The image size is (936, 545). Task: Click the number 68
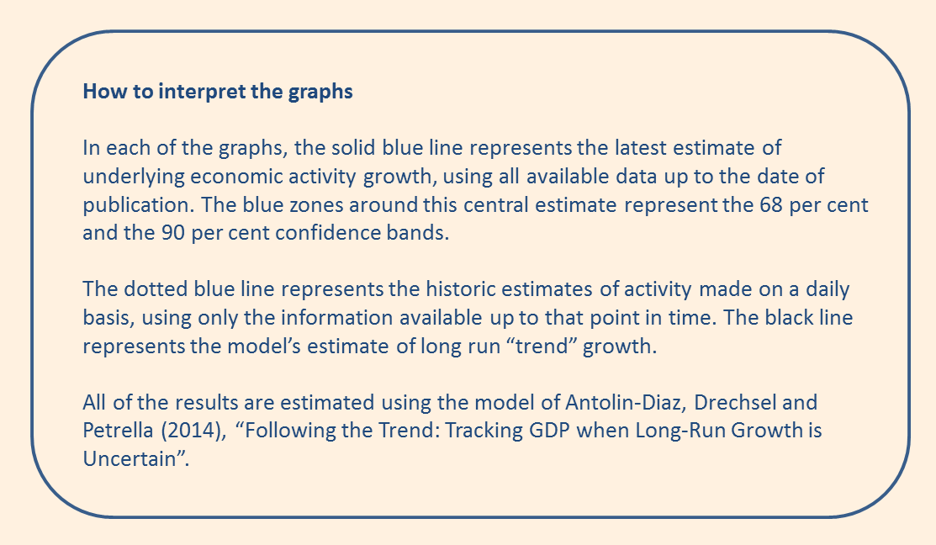pyautogui.click(x=771, y=204)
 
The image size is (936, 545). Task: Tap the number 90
pyautogui.click(x=173, y=233)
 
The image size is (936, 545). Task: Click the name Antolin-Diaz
pyautogui.click(x=626, y=402)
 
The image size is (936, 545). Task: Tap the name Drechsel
pyautogui.click(x=734, y=402)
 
